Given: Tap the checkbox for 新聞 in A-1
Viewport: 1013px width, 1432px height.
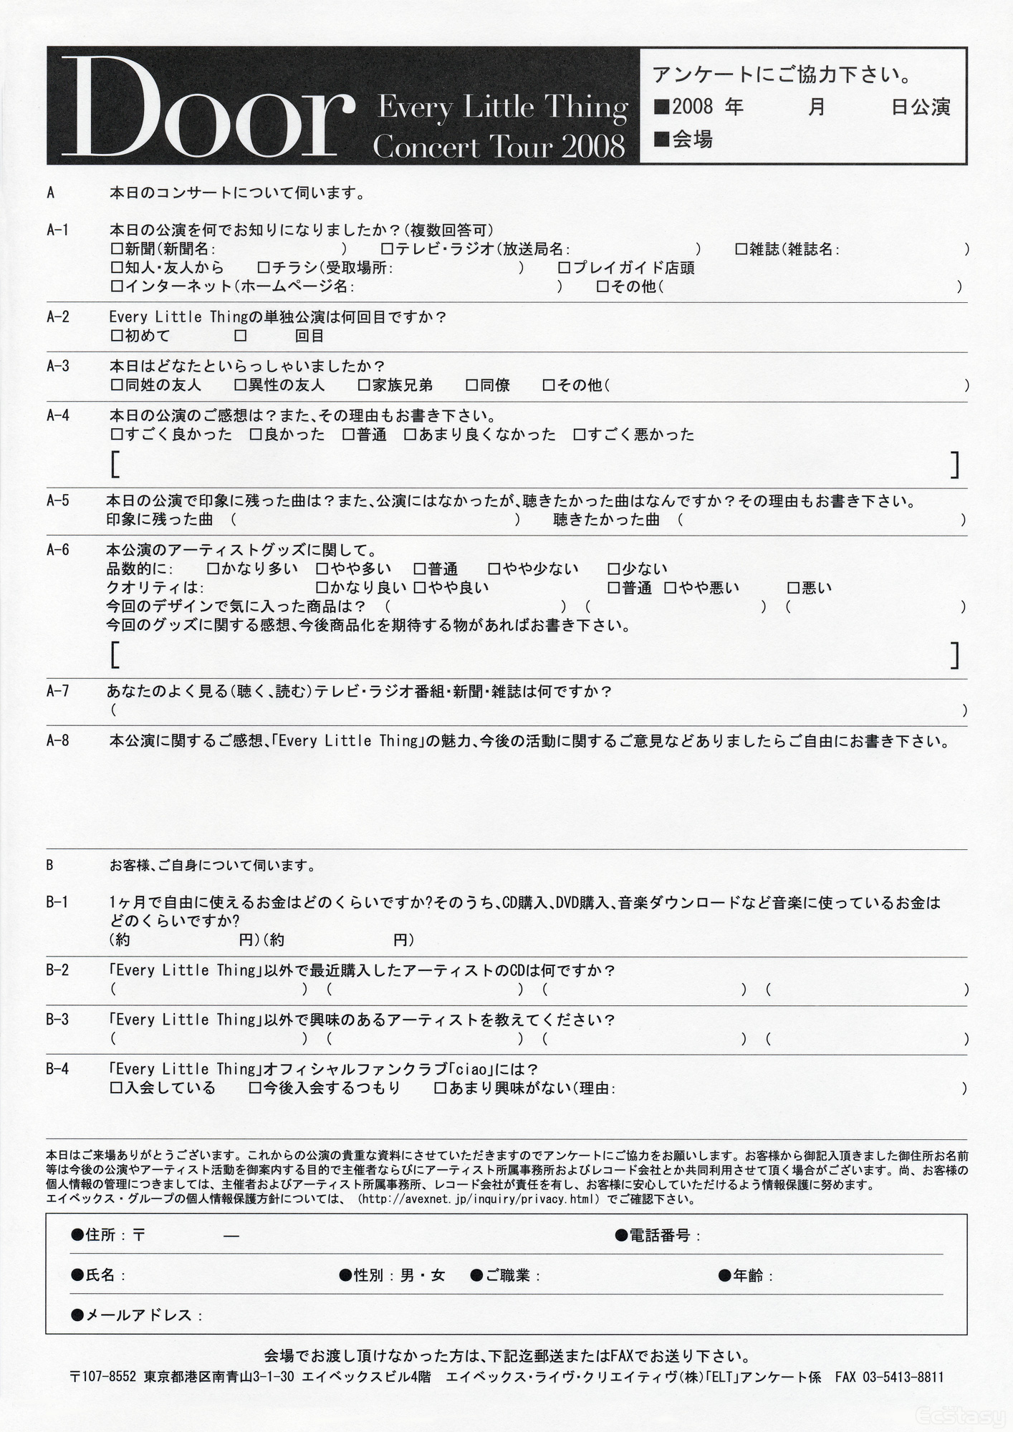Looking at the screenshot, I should coord(116,249).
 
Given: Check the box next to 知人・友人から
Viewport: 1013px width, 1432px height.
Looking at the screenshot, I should coord(116,268).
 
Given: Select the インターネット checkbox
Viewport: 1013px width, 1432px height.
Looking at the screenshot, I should coord(116,286).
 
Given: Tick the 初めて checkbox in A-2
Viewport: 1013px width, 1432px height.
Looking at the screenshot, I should coord(116,335).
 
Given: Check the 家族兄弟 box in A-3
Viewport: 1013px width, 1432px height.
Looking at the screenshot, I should coord(364,385).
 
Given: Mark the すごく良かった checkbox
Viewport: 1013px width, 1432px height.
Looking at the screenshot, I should coord(116,435).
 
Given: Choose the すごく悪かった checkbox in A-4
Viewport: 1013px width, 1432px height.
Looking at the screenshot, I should coord(580,435).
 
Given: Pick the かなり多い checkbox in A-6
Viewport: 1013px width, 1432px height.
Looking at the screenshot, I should coord(212,570).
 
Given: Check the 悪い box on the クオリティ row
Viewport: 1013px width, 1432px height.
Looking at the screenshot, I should coord(793,589).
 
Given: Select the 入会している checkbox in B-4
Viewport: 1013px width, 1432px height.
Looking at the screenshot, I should coord(116,1088).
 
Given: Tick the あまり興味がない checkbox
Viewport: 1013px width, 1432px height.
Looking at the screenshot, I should coord(441,1088).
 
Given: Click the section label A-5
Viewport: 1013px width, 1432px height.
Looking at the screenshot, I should coord(58,501).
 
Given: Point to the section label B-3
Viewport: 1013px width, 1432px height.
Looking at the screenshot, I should coord(57,1020).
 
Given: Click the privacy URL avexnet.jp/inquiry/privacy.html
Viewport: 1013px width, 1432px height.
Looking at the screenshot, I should coord(478,1199).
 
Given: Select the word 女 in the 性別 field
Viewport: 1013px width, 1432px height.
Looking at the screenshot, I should coord(438,1275).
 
